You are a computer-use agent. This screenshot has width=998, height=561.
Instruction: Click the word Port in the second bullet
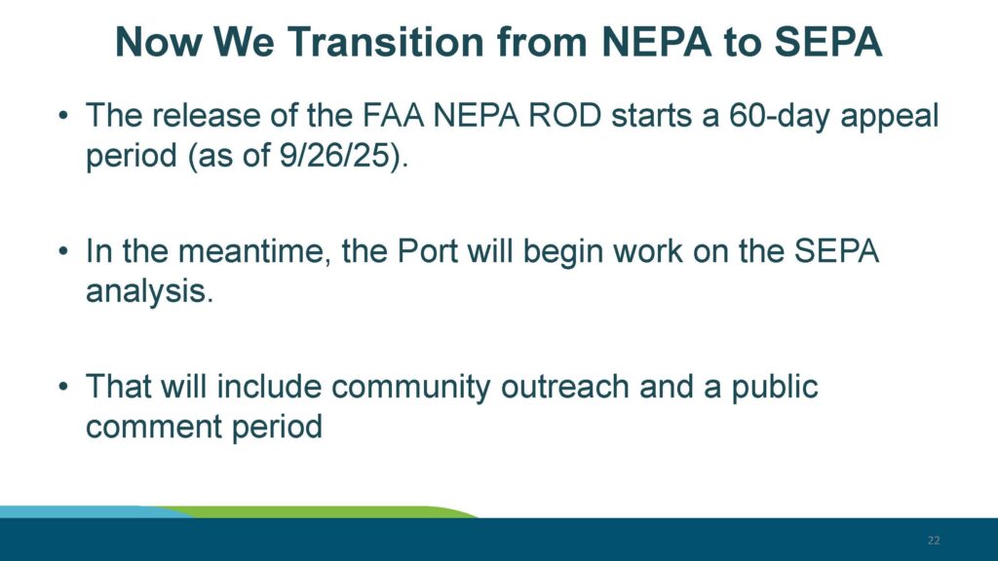click(x=439, y=251)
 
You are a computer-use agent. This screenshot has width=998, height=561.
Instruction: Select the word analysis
click(x=145, y=290)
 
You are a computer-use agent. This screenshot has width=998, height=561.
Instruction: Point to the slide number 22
click(x=933, y=541)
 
